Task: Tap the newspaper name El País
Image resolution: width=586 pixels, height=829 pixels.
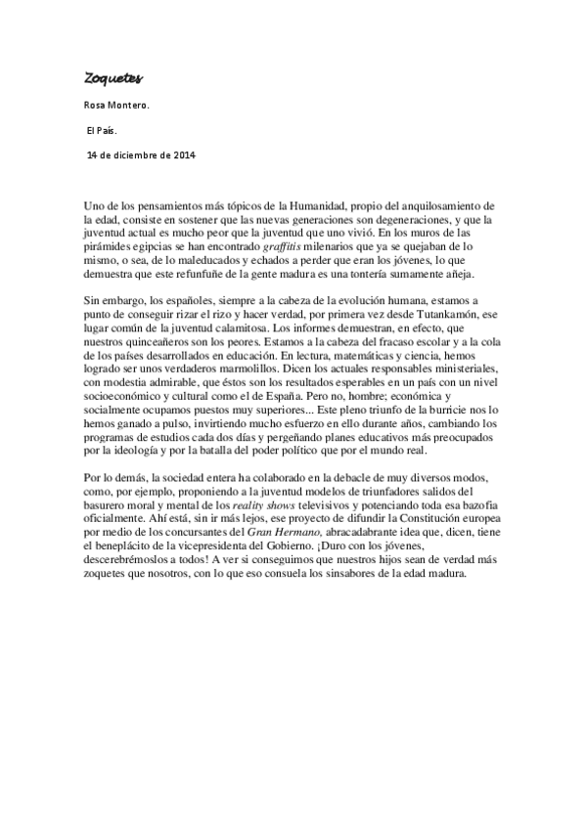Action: (102, 130)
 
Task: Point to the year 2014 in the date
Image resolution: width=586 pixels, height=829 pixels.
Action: (182, 154)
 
